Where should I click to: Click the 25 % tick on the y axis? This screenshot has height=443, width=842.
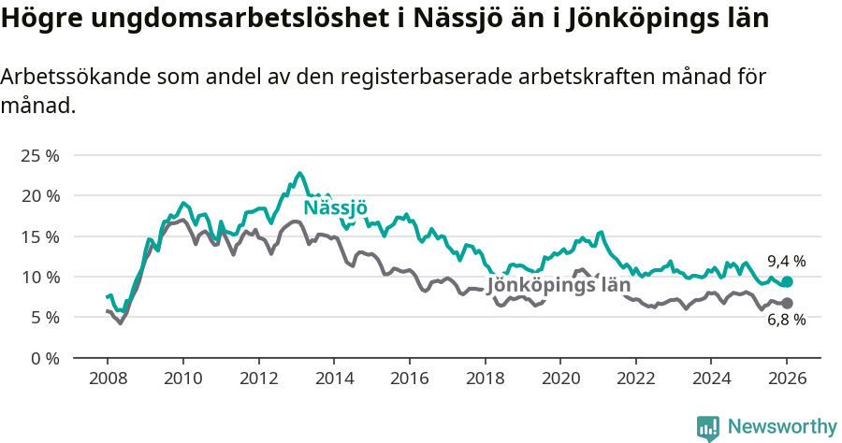coord(39,155)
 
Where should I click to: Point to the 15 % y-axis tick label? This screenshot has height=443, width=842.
coord(39,236)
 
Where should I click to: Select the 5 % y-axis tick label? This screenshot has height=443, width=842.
coord(43,318)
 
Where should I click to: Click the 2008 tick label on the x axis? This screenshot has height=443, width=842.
coord(107,380)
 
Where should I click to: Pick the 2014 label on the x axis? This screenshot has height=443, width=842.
coord(333,380)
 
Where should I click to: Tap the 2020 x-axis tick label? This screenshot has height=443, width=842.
coord(559,380)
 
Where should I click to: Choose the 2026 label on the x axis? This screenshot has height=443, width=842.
coord(786,380)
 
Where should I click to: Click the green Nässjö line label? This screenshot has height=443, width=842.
coord(336,208)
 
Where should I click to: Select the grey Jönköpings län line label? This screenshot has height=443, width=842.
coord(559,285)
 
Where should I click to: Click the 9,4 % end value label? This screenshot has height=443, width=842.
coord(786,262)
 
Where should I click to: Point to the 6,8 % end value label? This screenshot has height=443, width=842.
coord(786,322)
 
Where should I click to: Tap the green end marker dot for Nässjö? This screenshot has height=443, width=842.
coord(787,281)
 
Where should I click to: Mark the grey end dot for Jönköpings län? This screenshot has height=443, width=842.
coord(787,303)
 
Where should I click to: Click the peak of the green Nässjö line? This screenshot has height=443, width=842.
coord(299,173)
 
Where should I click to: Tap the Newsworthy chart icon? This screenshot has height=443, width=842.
coord(708,428)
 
